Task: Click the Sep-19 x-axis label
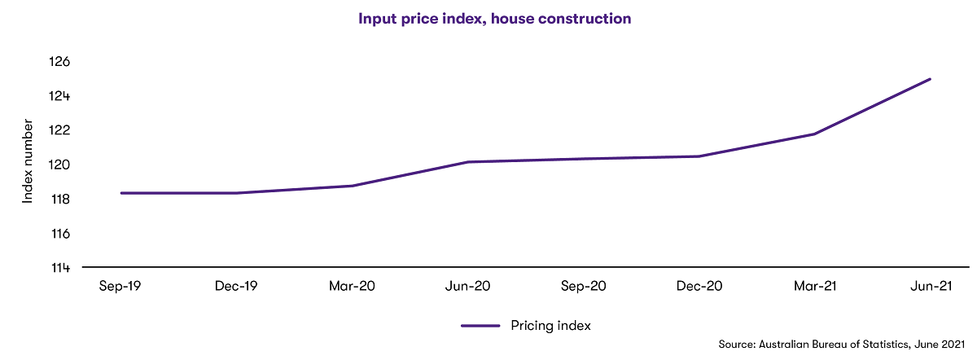120,287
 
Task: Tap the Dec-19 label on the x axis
236,287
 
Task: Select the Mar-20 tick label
352,287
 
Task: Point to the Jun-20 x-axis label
467,287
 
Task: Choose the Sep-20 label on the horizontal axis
583,287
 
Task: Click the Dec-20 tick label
699,287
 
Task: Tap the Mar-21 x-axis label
814,287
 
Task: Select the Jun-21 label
930,287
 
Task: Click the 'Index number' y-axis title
28,161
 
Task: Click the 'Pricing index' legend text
550,325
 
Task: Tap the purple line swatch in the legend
480,326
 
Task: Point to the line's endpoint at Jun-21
930,79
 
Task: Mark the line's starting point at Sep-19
120,193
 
